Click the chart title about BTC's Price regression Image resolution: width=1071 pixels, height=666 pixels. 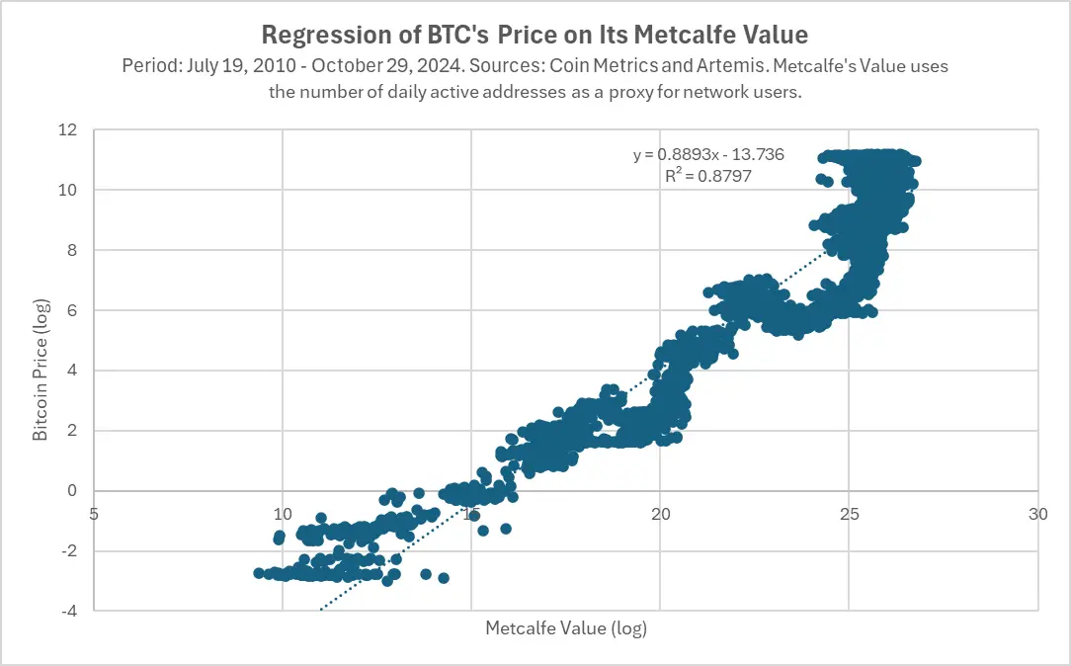tap(535, 36)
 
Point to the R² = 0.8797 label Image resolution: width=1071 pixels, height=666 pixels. tap(703, 176)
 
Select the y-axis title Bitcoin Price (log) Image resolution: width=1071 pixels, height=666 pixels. tap(41, 370)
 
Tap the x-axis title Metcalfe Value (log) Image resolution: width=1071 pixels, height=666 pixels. tap(565, 628)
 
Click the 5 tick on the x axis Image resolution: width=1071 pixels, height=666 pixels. tap(94, 514)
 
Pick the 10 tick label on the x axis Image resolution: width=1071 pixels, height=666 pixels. tap(283, 514)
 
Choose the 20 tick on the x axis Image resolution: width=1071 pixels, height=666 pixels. tap(660, 514)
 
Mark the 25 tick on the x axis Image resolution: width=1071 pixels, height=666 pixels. tap(849, 514)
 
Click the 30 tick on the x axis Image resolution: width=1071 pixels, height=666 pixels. tap(1037, 514)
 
